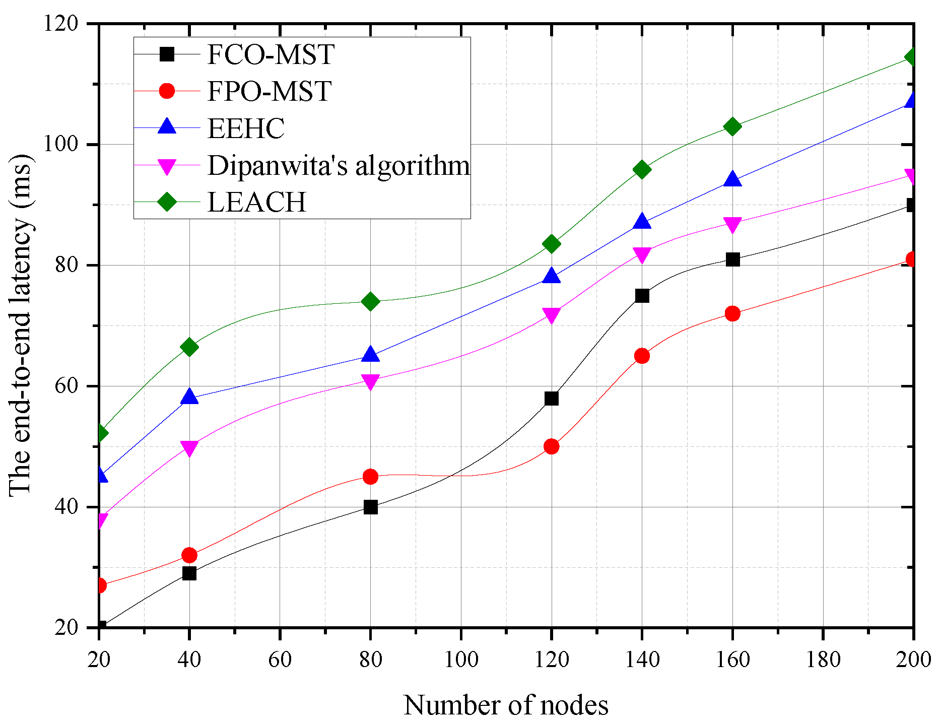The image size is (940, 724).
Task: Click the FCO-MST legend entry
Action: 271,54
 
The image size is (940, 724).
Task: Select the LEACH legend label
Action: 257,202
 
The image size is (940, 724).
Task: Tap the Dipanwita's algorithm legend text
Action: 339,165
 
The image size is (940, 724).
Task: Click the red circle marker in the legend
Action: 167,91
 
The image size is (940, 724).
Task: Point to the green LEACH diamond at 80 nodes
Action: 370,301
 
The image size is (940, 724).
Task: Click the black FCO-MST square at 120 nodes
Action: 551,399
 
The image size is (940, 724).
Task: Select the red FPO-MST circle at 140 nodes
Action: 642,356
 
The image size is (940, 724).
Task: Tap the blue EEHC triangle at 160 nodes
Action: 732,179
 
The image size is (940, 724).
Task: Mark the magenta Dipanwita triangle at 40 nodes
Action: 189,447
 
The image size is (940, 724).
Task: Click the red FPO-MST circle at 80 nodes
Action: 370,477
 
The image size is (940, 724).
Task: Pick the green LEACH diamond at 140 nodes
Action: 642,169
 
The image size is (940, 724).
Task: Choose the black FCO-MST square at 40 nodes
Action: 189,573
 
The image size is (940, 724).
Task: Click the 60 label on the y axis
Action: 68,386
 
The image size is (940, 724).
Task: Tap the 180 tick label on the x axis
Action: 823,660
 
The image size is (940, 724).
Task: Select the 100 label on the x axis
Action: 460,660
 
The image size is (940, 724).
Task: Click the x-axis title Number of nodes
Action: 506,705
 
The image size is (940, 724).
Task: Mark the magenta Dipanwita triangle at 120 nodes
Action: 551,316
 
